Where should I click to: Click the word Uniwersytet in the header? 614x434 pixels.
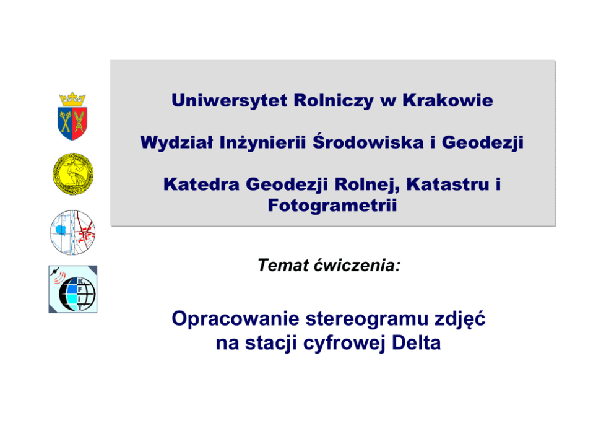[x=230, y=101]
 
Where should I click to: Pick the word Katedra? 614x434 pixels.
[x=201, y=184]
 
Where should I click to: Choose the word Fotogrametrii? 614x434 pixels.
[x=332, y=206]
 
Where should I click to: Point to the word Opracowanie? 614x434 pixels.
[x=235, y=319]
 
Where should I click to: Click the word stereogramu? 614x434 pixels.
[x=367, y=319]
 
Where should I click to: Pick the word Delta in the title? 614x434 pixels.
[x=417, y=343]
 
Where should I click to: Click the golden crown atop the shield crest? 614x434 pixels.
[x=72, y=100]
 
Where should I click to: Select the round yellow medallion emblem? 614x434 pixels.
[x=73, y=174]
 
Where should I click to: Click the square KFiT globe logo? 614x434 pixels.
[x=73, y=289]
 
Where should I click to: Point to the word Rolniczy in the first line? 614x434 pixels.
[x=334, y=101]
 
